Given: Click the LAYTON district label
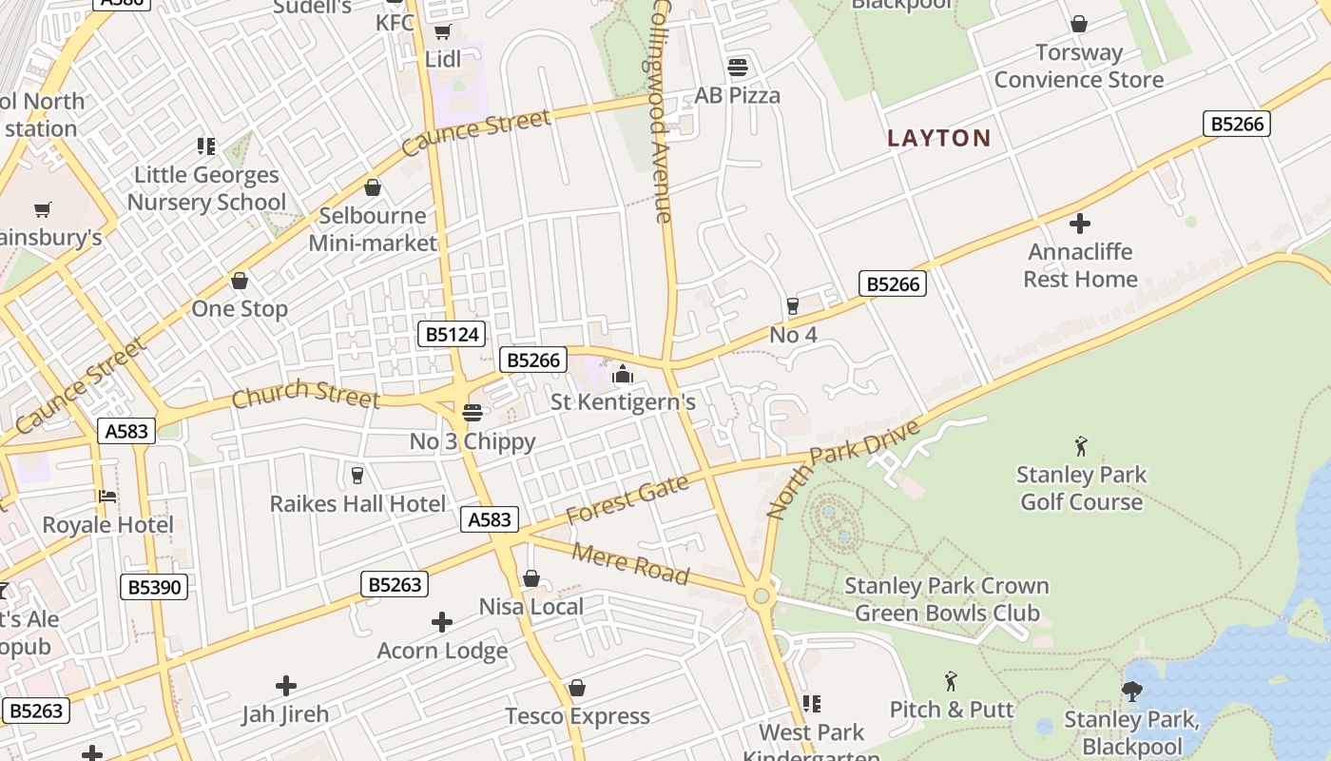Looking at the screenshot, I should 938,138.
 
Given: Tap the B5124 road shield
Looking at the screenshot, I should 452,335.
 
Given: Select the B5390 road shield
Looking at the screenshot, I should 154,587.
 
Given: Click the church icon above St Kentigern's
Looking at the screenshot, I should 623,374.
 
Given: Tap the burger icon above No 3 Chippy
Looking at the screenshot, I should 472,413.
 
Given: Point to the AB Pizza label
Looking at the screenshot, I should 737,95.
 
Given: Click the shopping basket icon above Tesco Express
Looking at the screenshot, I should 576,688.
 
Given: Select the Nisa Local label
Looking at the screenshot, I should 530,607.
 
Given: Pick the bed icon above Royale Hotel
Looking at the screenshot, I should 107,496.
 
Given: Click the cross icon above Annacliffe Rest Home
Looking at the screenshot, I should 1079,224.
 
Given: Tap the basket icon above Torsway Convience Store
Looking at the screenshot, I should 1078,24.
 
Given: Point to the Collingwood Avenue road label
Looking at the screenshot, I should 663,111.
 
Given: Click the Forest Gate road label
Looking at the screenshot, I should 627,500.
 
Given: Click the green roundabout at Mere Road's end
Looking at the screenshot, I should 760,596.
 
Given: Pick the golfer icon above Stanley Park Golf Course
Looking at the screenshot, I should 1080,445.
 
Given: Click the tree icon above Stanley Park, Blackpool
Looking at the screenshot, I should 1131,691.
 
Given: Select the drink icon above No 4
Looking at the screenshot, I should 793,305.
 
